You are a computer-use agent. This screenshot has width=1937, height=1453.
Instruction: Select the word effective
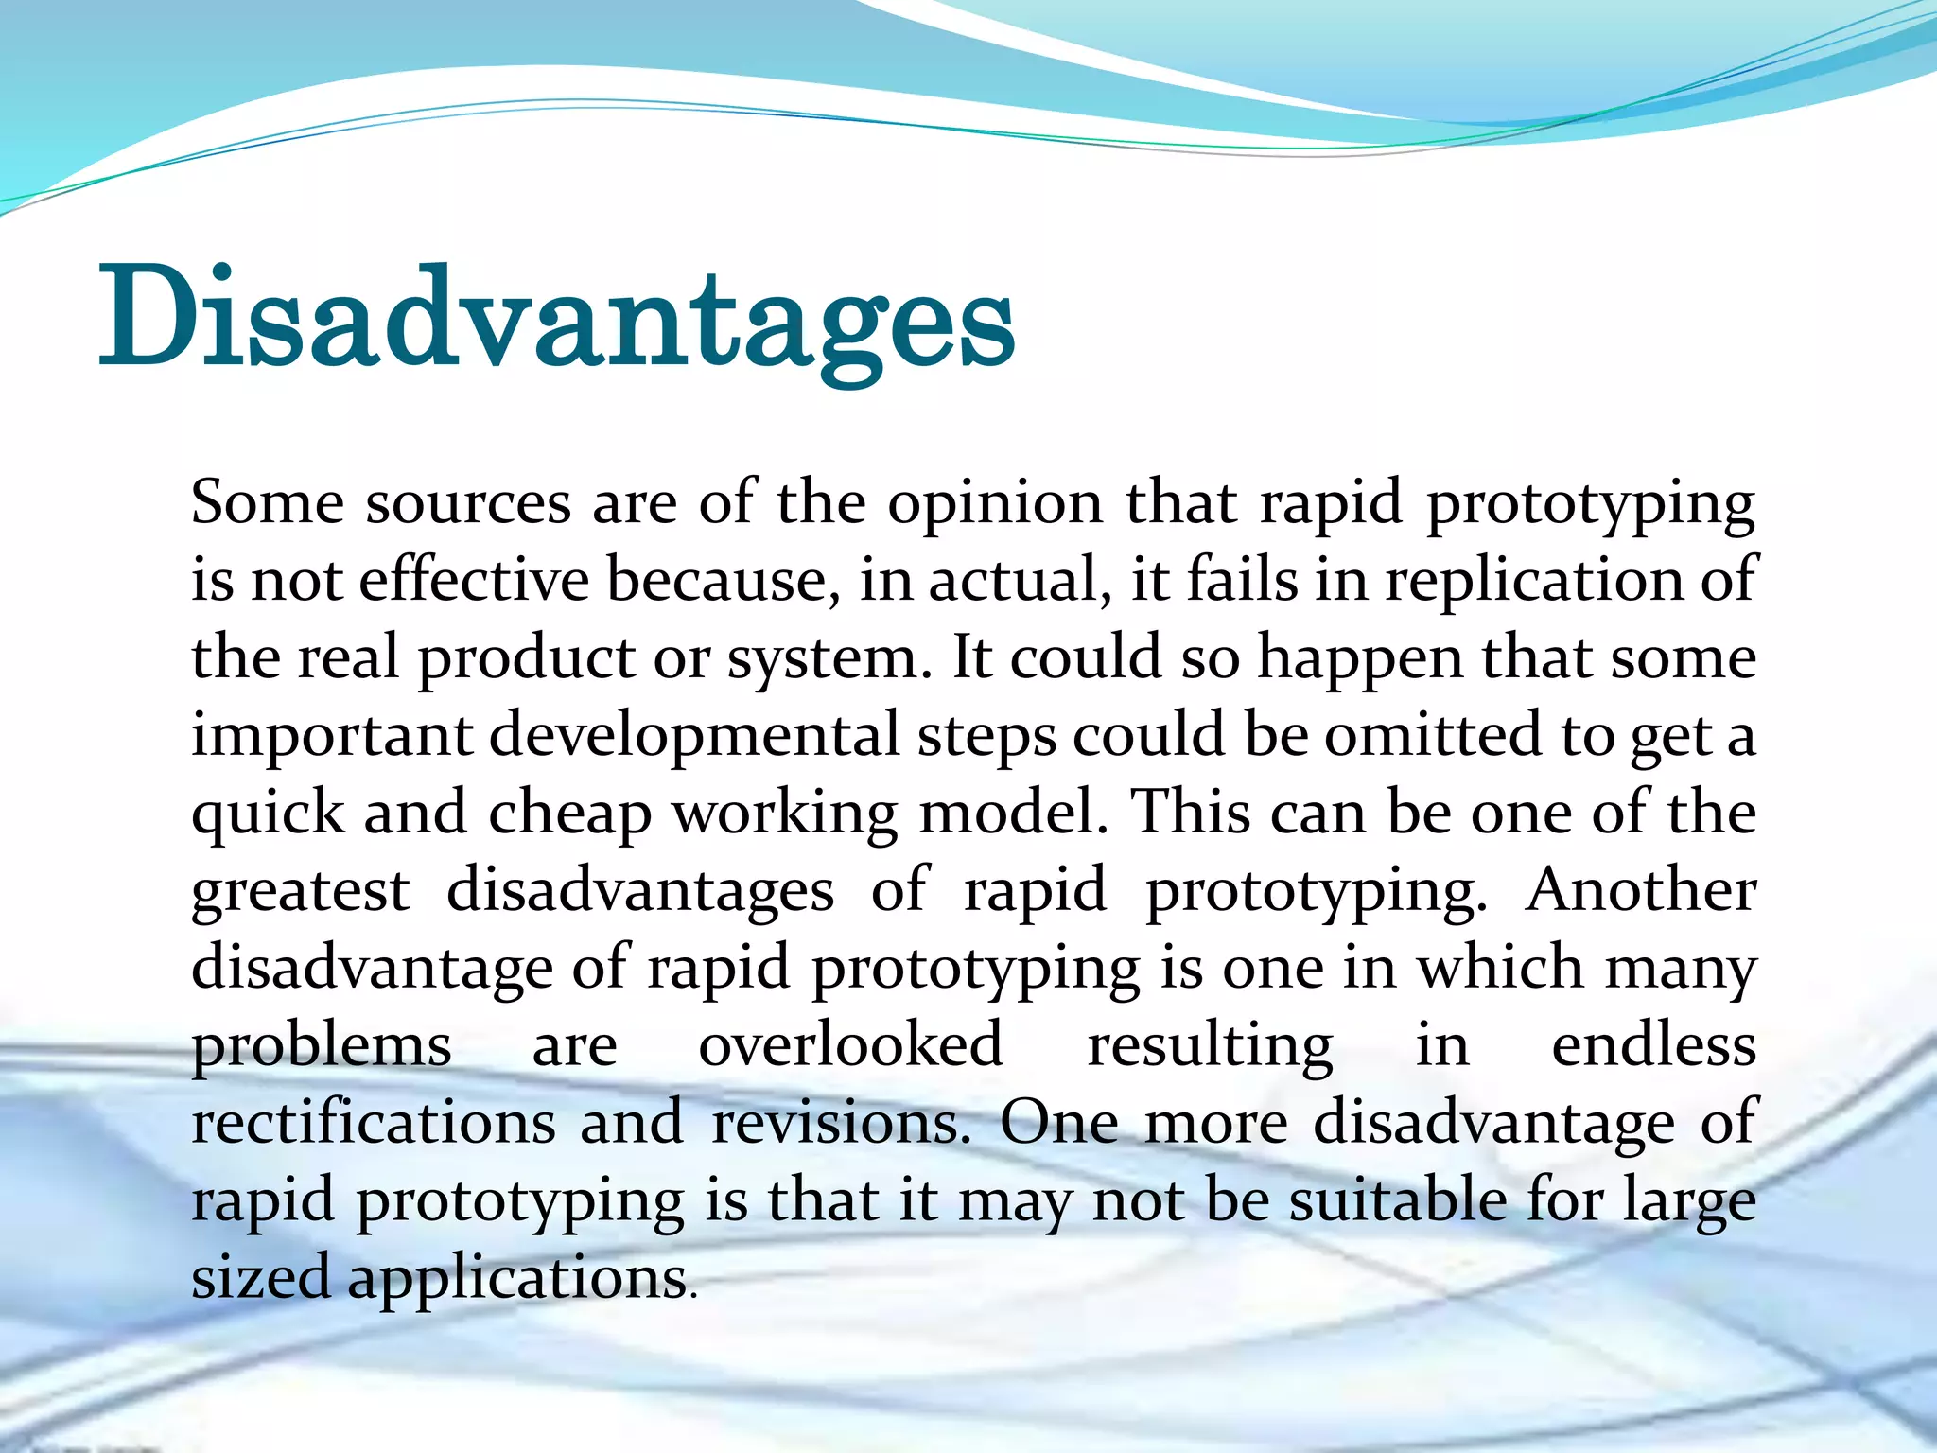click(474, 579)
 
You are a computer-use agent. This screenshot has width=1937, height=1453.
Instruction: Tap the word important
click(331, 736)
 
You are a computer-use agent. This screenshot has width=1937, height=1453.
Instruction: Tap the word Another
click(1641, 890)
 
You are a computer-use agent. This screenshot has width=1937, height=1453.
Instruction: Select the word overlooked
click(850, 1045)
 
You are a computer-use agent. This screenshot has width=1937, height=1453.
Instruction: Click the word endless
click(1654, 1045)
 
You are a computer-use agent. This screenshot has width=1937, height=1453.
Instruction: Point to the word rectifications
click(374, 1123)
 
